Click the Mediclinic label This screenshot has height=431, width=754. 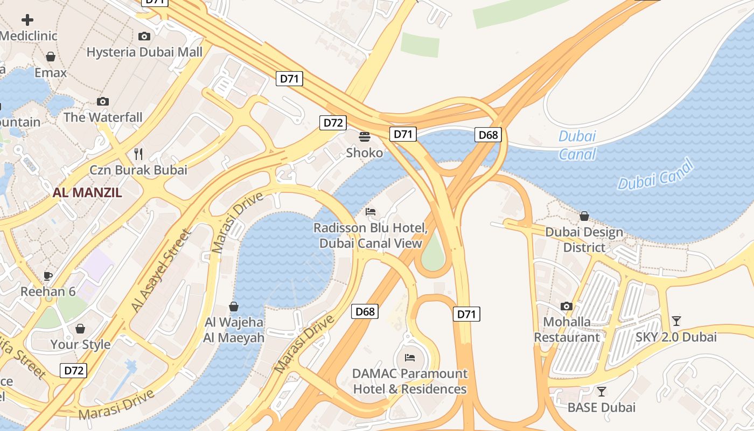click(x=29, y=36)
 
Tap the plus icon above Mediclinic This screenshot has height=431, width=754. click(x=27, y=20)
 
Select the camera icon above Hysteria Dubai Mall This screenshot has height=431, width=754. click(x=144, y=37)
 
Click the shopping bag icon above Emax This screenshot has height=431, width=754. click(x=51, y=57)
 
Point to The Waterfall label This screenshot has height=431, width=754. click(x=103, y=117)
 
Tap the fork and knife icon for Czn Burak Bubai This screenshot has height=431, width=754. click(x=138, y=154)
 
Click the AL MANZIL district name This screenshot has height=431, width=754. click(x=87, y=192)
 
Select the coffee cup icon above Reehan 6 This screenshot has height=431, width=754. click(x=48, y=276)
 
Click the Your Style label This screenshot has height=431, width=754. click(x=80, y=344)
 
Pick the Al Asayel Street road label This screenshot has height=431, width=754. click(x=161, y=271)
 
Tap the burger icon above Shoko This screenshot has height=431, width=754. click(x=365, y=137)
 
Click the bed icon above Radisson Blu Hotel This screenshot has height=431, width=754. click(x=371, y=212)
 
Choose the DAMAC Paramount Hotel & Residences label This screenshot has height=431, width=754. click(x=410, y=381)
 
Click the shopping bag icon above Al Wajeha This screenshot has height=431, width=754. click(x=234, y=307)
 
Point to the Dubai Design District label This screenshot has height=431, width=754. click(x=584, y=240)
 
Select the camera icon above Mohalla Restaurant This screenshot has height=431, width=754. click(x=567, y=307)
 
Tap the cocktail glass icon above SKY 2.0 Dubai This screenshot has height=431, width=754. click(x=676, y=321)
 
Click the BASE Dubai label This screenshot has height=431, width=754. click(x=602, y=407)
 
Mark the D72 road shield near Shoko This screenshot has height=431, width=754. click(x=333, y=123)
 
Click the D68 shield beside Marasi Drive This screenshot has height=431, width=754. click(x=365, y=311)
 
